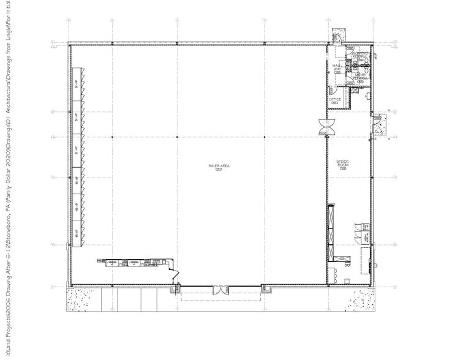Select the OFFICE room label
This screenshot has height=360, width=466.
[335, 100]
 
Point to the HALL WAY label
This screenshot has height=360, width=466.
[336, 68]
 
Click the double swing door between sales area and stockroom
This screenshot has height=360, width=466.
[325, 127]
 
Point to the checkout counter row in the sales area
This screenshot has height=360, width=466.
[132, 263]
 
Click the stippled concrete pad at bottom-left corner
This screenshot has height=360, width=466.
[83, 299]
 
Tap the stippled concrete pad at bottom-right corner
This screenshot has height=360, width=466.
[361, 299]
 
